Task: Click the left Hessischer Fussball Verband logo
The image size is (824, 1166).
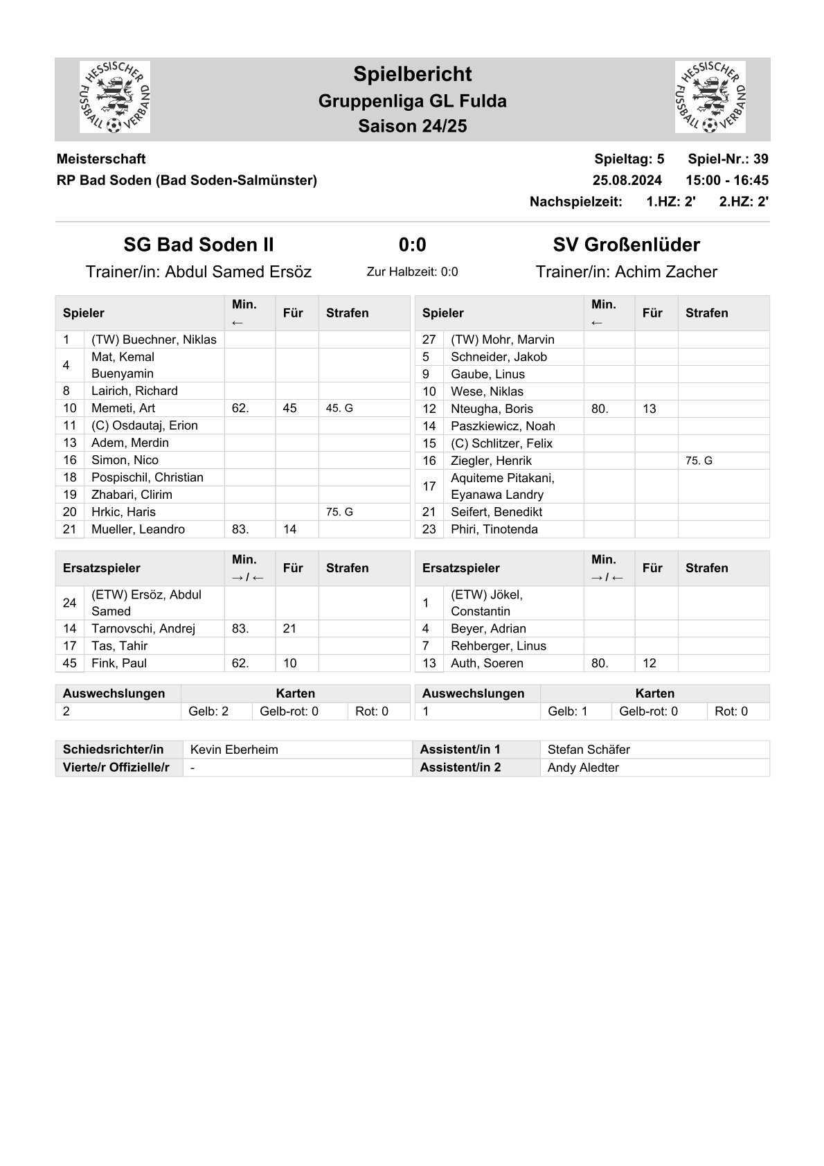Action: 115,97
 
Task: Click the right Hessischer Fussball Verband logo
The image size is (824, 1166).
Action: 710,97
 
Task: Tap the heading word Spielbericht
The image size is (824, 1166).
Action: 412,74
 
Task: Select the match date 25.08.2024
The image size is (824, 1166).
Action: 627,180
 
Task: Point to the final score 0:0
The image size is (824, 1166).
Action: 412,245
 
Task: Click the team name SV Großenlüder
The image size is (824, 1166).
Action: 626,245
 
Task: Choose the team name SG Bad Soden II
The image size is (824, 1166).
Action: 199,245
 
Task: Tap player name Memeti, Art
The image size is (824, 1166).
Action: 123,408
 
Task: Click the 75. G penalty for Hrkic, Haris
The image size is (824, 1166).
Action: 339,512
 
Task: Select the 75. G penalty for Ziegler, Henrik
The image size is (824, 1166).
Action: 699,461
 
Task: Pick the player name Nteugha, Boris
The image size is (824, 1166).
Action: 492,409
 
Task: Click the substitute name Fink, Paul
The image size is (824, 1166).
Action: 119,663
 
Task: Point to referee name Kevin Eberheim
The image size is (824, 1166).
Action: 234,750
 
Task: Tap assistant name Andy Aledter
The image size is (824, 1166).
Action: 583,768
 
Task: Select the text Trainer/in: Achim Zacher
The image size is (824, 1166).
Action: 626,272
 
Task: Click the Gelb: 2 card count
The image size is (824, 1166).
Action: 208,711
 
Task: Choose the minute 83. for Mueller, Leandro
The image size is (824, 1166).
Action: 240,529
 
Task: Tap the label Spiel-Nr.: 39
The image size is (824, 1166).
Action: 728,159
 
